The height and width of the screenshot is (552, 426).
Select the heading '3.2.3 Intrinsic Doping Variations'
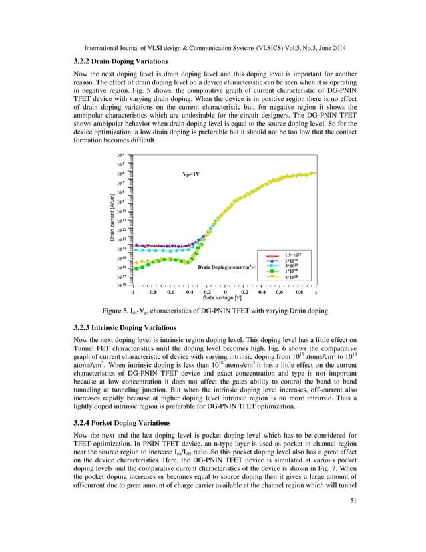(x=124, y=328)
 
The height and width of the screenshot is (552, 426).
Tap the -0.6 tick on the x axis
(x=170, y=291)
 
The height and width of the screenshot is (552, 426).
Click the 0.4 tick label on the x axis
(x=262, y=291)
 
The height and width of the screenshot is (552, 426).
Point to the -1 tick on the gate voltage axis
(x=133, y=291)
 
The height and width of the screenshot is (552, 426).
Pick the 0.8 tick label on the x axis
(x=298, y=291)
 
